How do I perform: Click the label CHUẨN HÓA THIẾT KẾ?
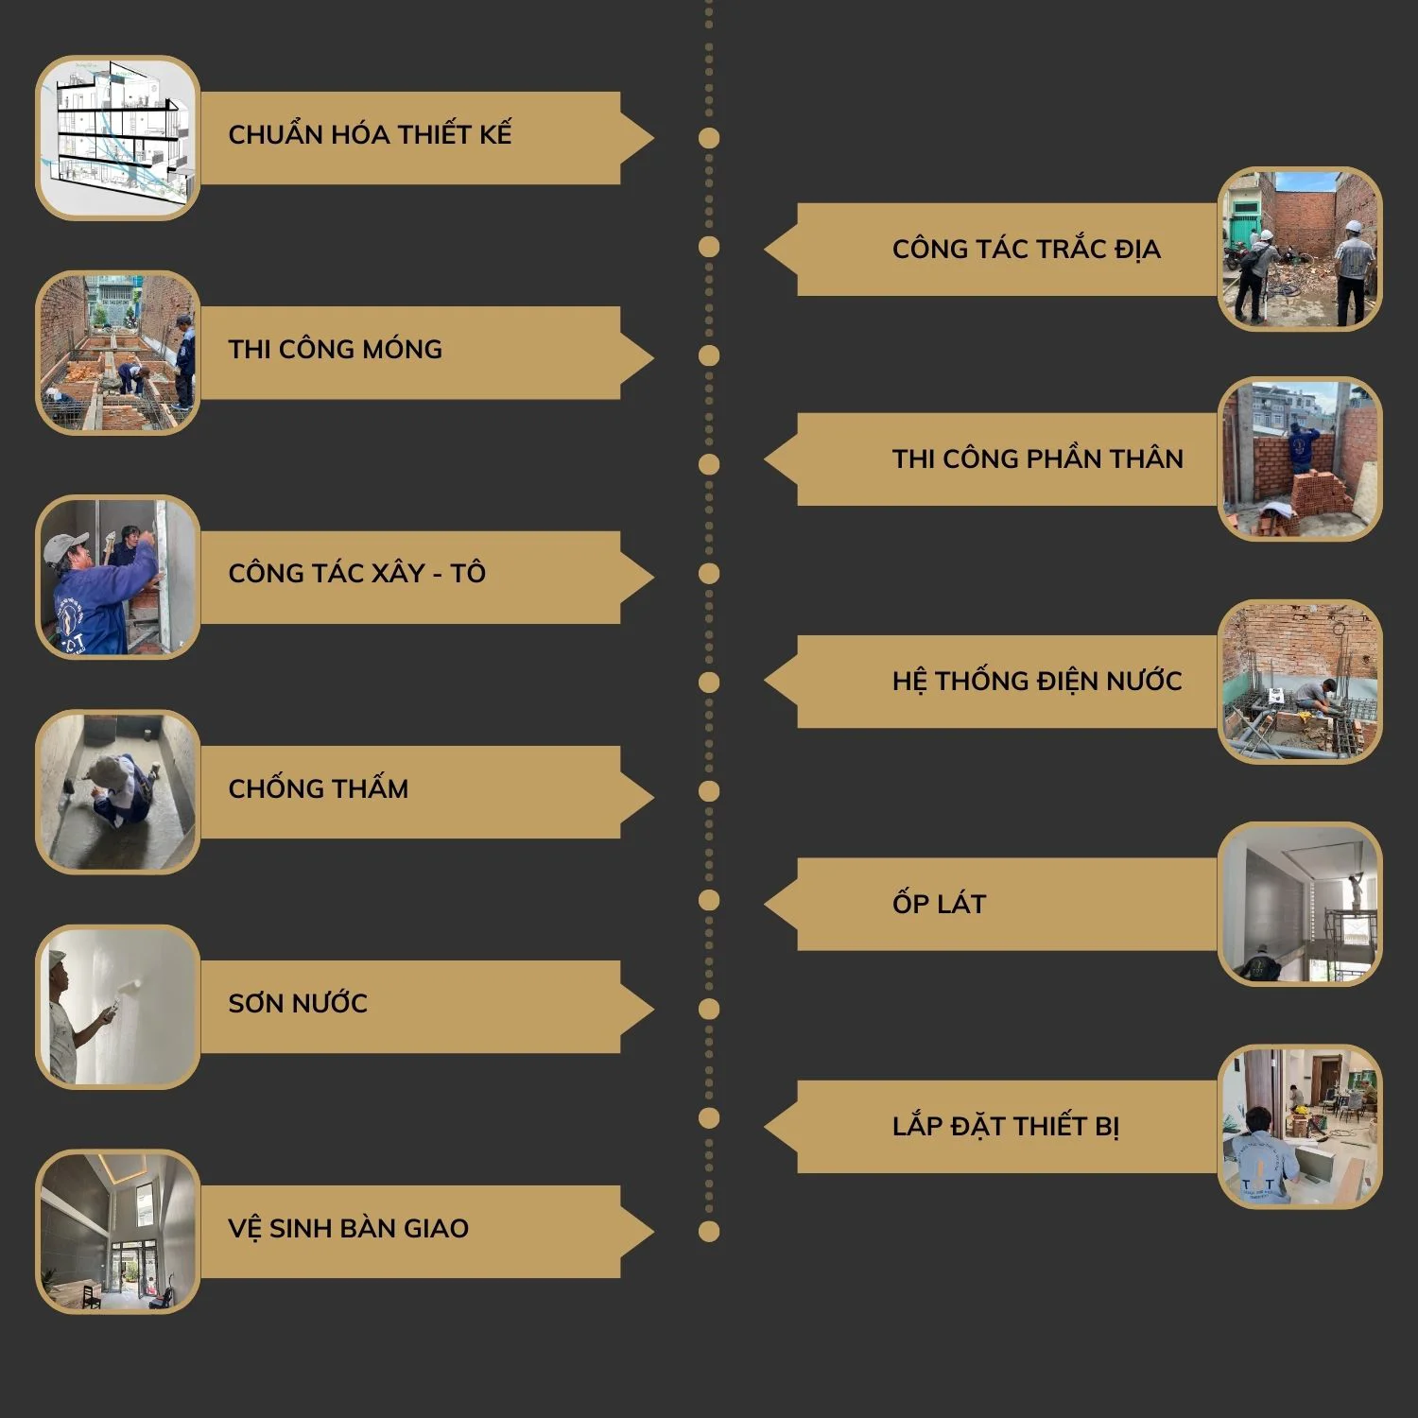coord(370,133)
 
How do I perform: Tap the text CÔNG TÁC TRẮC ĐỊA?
coord(1026,249)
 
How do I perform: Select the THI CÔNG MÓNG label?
coord(335,349)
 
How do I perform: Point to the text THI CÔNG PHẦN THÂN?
coord(1037,458)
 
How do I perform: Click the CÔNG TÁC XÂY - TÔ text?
coord(356,573)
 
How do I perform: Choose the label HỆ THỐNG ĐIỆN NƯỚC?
coord(1037,681)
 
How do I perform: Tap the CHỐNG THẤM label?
coord(318,787)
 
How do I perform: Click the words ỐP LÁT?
coord(939,904)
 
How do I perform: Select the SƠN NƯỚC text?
coord(298,1002)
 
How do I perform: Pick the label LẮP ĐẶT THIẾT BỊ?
coord(1005,1126)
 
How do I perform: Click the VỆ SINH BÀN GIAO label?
coord(348,1228)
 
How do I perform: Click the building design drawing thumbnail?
coord(117,137)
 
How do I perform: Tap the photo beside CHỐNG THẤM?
coord(117,791)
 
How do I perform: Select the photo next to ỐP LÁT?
coord(1300,904)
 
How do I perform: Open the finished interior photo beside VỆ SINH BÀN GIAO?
coord(117,1231)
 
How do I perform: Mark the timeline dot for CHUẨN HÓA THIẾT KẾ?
coord(709,138)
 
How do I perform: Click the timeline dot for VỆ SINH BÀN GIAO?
coord(709,1231)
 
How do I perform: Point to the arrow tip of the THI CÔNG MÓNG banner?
coord(653,357)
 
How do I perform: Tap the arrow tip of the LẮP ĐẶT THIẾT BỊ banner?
coord(765,1127)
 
